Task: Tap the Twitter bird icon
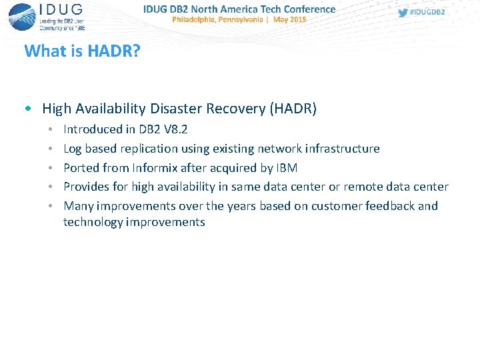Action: click(x=403, y=13)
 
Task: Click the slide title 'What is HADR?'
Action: click(x=82, y=51)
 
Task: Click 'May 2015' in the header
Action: click(x=291, y=20)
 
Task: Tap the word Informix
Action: click(x=154, y=167)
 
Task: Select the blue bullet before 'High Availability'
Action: click(x=25, y=108)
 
